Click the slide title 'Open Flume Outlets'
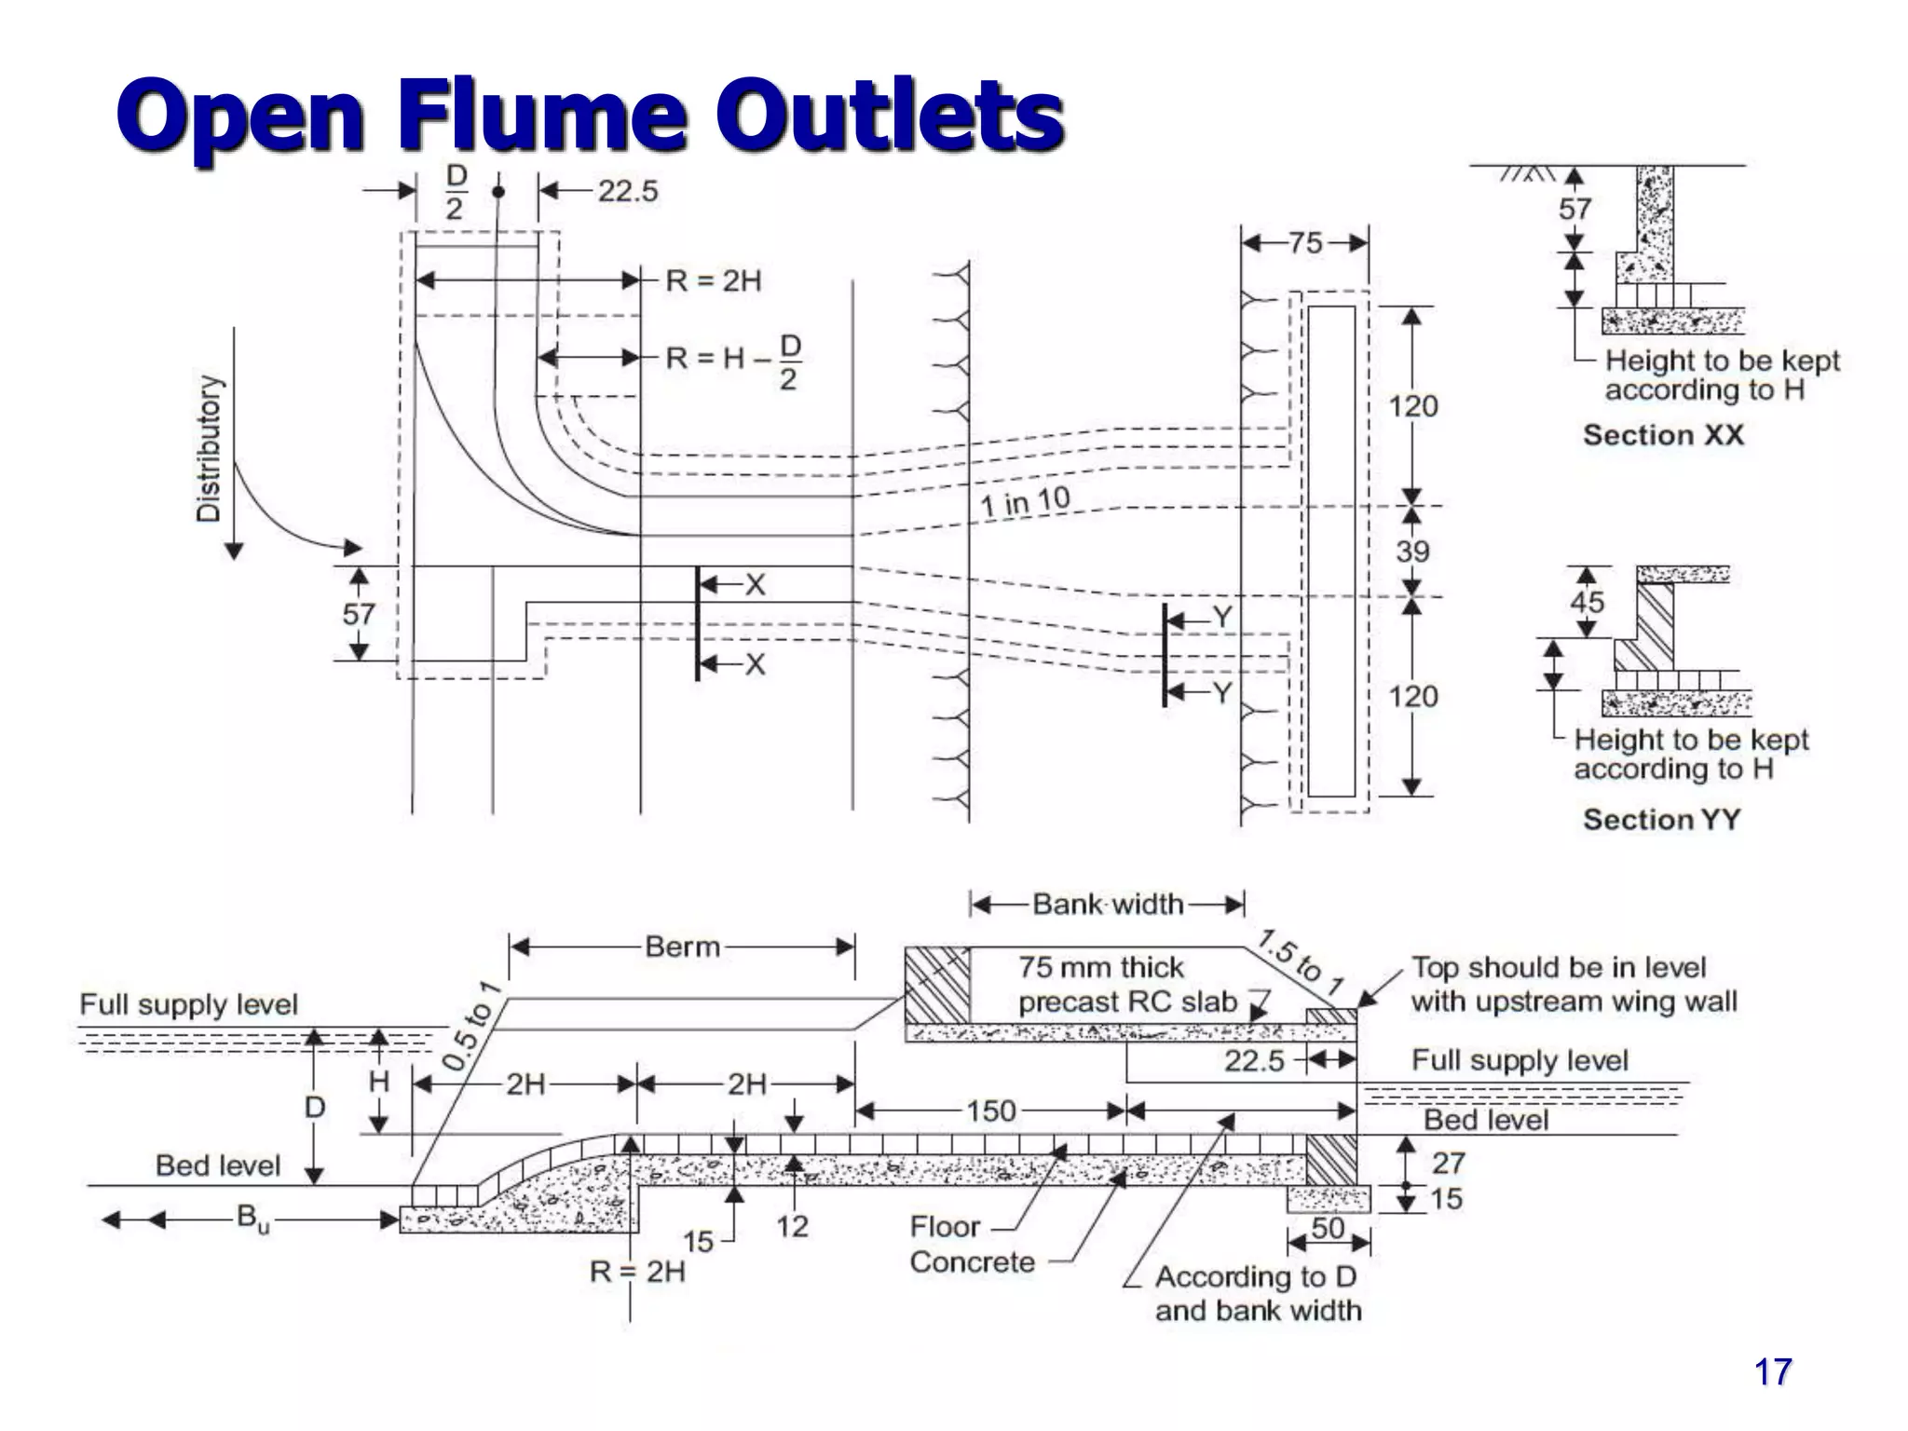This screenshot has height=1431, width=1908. [x=590, y=116]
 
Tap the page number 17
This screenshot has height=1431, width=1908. [x=1772, y=1371]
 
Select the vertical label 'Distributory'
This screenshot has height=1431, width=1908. [x=210, y=449]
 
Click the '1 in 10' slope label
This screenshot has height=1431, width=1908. [x=1025, y=502]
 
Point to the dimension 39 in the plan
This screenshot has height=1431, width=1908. [x=1412, y=551]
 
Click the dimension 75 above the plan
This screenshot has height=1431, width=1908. [x=1305, y=243]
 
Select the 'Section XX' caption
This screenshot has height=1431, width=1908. [x=1663, y=435]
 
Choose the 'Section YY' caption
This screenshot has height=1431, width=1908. [x=1661, y=819]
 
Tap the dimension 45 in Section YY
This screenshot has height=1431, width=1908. [x=1588, y=602]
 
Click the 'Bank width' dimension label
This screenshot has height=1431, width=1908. [x=1108, y=904]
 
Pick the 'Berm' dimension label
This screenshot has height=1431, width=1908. [x=683, y=947]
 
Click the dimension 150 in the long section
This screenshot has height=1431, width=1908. [x=990, y=1111]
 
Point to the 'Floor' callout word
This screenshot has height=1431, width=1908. [x=945, y=1226]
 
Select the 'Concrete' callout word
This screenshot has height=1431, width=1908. [x=972, y=1262]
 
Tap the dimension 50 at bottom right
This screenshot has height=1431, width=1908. [x=1328, y=1228]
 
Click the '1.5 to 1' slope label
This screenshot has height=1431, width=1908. [x=1301, y=962]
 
